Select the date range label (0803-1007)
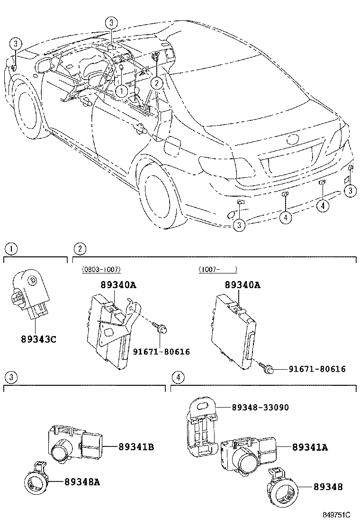point(101,269)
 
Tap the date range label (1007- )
point(217,269)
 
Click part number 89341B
point(135,446)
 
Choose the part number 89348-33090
point(260,407)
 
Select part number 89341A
point(310,446)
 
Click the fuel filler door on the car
point(171,145)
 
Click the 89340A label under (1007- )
point(243,285)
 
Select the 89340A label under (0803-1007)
point(118,285)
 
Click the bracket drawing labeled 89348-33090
point(200,423)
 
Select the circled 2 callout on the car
point(157,83)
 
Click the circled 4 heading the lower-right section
point(178,378)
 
